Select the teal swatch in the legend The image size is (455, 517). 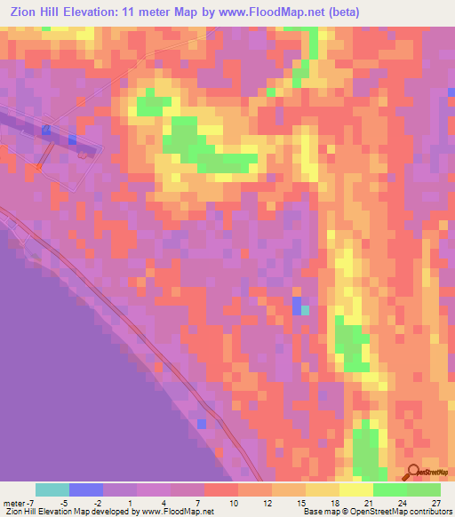click(x=52, y=489)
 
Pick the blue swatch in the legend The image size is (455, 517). click(x=86, y=489)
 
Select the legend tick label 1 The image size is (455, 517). click(x=131, y=504)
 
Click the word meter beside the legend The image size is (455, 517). click(x=13, y=504)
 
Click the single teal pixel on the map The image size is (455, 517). click(x=306, y=310)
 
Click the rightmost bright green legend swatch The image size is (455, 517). click(x=424, y=489)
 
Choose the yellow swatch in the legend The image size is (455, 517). click(x=356, y=489)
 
